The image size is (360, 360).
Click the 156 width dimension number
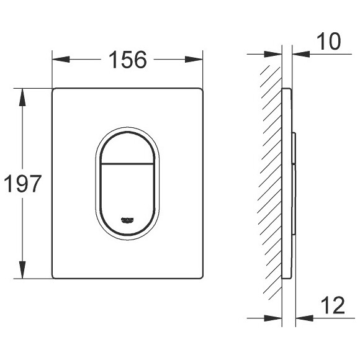click(128, 60)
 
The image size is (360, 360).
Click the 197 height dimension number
click(22, 184)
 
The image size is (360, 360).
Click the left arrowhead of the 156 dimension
click(58, 60)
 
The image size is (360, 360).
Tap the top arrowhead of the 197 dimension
click(23, 95)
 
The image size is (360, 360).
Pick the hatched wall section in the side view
click(270, 180)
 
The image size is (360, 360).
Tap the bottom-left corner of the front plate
click(53, 277)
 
